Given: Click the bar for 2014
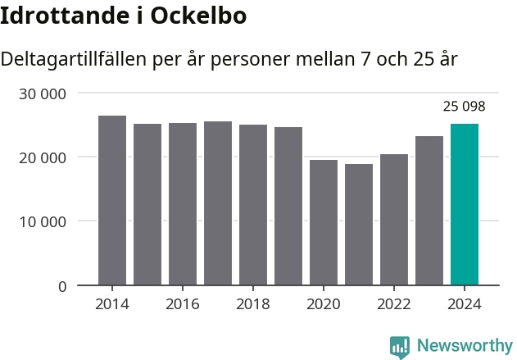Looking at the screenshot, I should point(112,201).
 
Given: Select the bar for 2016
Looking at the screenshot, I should point(183,204).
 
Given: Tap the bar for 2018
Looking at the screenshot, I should point(253,205).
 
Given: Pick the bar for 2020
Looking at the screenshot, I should point(324,222).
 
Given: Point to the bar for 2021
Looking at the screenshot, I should point(359,225).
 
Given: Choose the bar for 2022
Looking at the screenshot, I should point(394,220).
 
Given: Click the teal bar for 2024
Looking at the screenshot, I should point(465,204).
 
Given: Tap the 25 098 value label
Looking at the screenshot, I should point(465,107).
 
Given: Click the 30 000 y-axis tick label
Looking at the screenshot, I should point(42,93).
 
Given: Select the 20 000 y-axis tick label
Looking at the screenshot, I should point(42,157).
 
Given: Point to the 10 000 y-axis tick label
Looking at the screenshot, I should point(42,221).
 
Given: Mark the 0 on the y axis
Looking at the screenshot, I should point(62,286).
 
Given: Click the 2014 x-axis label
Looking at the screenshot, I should point(112,304).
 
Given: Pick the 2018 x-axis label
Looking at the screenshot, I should point(253,304).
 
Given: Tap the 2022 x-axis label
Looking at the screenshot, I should point(394,304).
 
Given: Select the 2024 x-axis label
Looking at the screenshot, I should point(465,304).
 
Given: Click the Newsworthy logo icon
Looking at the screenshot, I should point(400,346).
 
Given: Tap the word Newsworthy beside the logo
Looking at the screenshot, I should point(465,346).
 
